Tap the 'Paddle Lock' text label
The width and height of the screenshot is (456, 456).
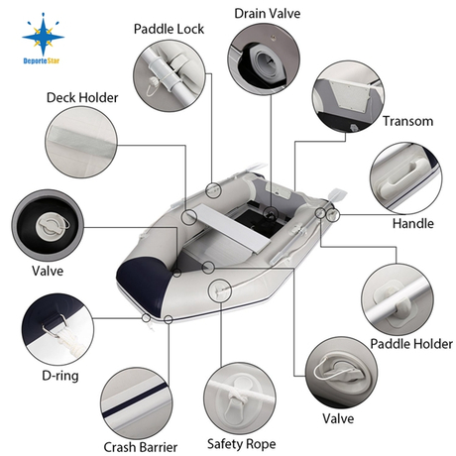(170, 29)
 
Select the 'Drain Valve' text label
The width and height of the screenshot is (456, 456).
(268, 13)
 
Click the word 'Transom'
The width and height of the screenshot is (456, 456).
(407, 120)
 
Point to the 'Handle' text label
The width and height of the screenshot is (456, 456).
(413, 223)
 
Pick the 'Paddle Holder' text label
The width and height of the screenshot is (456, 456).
(411, 343)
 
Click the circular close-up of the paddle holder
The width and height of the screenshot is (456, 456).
(397, 297)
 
